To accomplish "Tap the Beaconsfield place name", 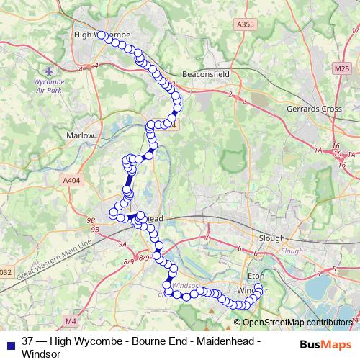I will click(185, 74).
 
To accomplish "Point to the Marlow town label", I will click(81, 135).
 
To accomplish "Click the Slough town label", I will click(272, 238).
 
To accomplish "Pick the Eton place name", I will click(257, 276).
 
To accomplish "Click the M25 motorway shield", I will click(341, 68).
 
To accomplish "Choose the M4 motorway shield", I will click(70, 320).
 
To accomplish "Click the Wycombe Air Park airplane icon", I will click(49, 73).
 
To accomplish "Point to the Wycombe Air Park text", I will click(49, 86).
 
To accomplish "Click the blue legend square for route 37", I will click(9, 341).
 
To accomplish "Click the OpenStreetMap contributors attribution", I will click(297, 323).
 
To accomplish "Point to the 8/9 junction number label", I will click(145, 258).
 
